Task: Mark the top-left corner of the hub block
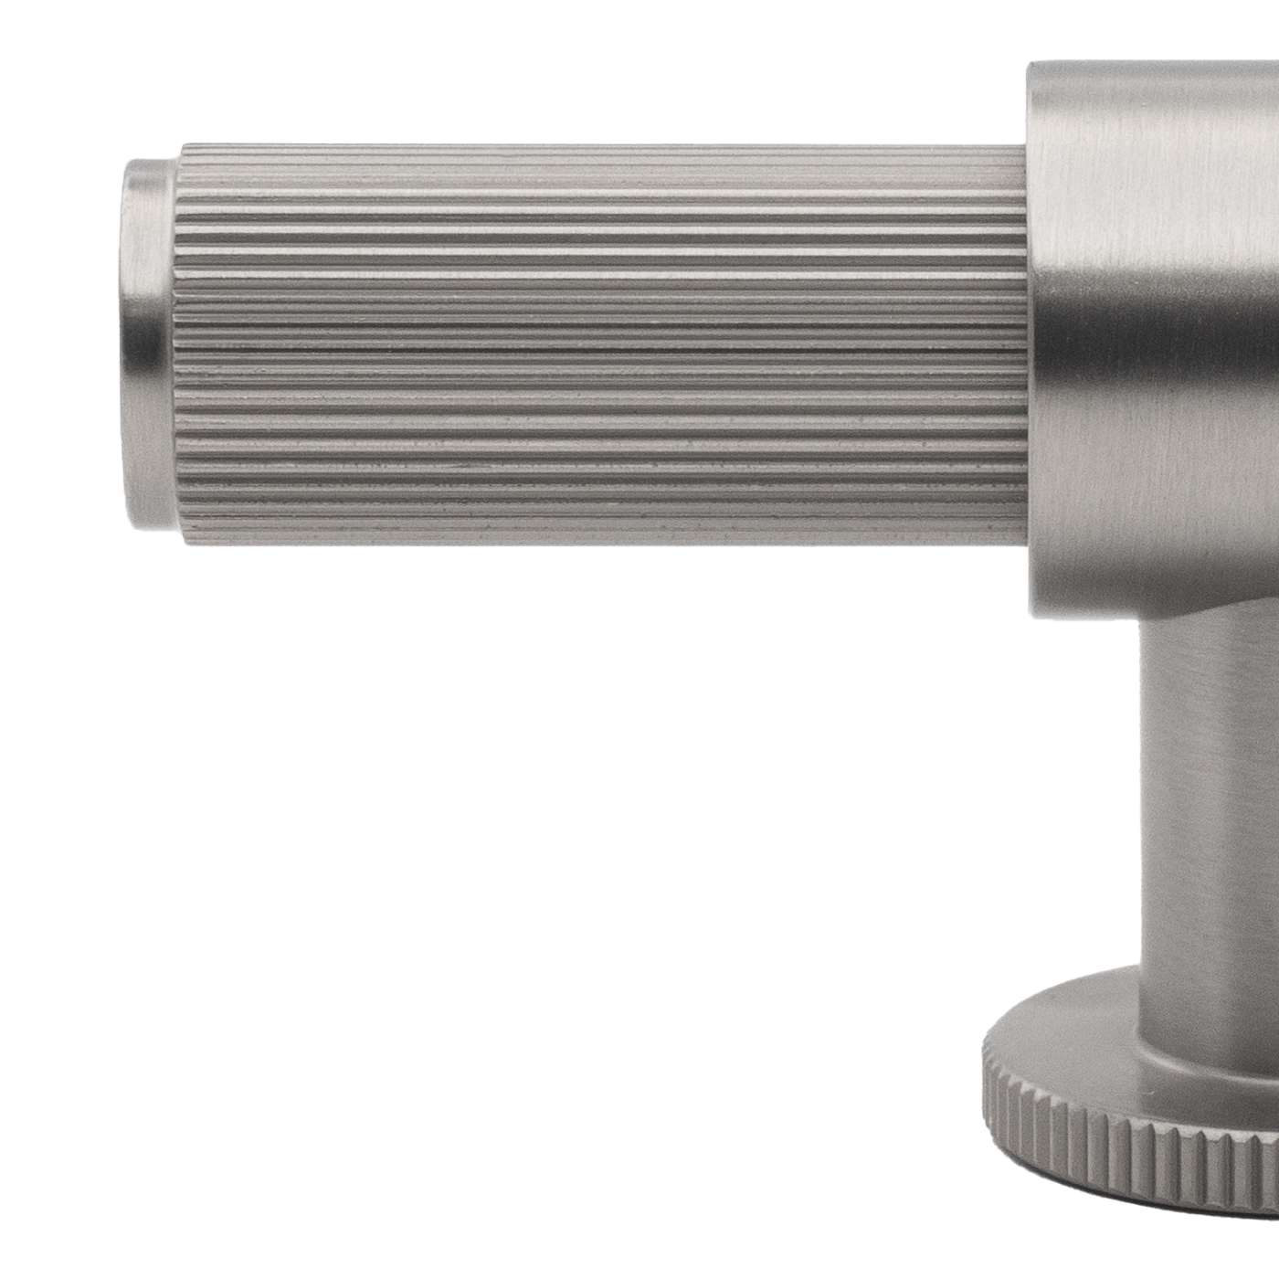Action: [1032, 66]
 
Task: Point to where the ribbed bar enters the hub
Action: [1029, 345]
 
